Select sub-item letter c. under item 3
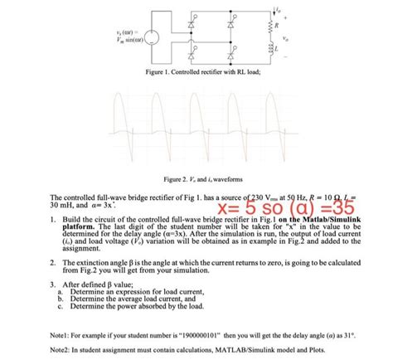[x=60, y=306]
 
